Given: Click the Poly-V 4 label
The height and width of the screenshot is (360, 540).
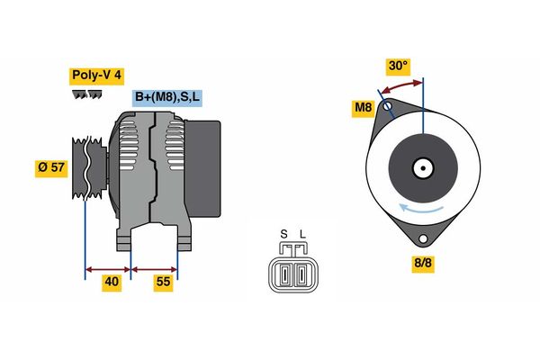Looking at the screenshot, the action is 96,76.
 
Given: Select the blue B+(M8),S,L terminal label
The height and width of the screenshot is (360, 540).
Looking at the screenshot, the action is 167,97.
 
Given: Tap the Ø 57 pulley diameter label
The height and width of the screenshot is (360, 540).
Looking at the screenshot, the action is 51,168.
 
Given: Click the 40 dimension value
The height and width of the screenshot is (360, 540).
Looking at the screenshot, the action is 112,282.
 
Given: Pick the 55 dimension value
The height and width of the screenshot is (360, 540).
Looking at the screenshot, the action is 163,282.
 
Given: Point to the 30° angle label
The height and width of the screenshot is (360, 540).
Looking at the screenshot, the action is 398,66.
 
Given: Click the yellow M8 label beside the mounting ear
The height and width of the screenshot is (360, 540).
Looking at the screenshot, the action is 364,108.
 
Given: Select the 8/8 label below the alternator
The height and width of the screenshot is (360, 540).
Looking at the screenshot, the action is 423,264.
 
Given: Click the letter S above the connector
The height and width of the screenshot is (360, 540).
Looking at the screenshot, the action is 283,235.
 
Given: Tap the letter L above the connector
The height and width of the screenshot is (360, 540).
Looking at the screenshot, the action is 302,235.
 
